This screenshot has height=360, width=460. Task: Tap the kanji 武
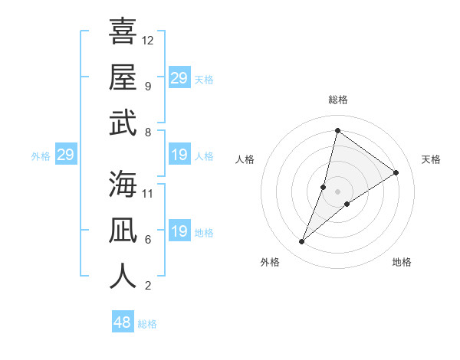click(x=123, y=123)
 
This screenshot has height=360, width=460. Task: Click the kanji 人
click(x=123, y=276)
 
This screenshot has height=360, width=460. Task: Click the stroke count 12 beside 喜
click(x=148, y=40)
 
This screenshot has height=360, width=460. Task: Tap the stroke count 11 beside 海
click(x=148, y=193)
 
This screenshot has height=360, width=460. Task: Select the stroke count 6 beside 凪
click(x=148, y=239)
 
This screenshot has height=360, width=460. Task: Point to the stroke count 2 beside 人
click(x=148, y=286)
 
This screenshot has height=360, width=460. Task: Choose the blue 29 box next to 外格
click(x=65, y=155)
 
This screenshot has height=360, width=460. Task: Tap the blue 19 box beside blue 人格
click(x=179, y=155)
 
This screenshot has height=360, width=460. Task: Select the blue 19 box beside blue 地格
click(x=179, y=232)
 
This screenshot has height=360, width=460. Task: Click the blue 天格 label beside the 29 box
click(x=204, y=79)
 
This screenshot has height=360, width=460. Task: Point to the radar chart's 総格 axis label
click(x=337, y=100)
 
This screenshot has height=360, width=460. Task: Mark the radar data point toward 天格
click(x=396, y=173)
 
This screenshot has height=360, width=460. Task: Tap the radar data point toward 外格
click(x=302, y=242)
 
